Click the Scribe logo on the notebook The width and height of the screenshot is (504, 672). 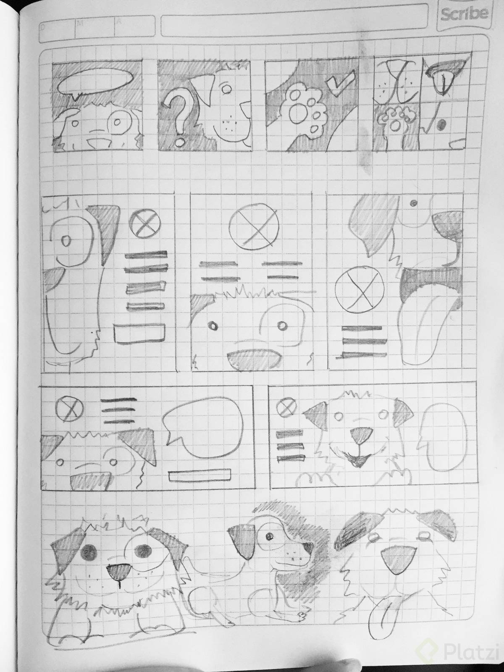tap(464, 14)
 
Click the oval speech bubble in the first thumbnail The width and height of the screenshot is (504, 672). tap(95, 81)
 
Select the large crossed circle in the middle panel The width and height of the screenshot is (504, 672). tap(254, 225)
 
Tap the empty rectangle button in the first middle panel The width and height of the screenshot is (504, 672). tap(139, 333)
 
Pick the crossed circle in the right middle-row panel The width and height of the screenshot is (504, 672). tap(359, 289)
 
